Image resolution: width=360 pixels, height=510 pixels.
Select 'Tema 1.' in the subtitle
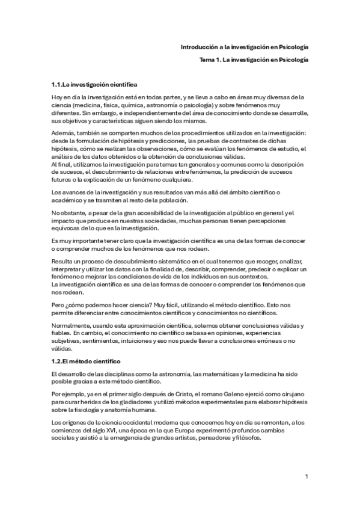(210, 60)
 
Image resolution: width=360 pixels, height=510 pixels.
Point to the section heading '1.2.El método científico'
(87, 361)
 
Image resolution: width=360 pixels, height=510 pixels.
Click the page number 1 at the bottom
(307, 476)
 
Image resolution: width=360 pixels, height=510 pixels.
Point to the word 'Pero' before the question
(59, 305)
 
